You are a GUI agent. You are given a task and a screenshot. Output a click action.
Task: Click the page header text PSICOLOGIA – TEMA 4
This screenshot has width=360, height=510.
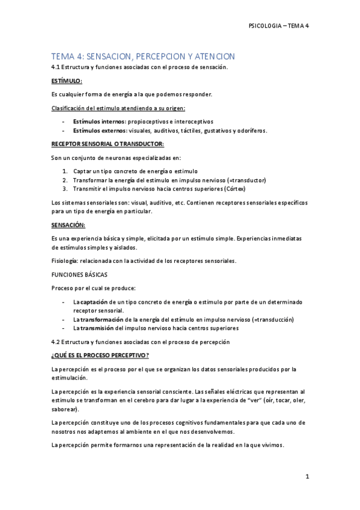pyautogui.click(x=278, y=26)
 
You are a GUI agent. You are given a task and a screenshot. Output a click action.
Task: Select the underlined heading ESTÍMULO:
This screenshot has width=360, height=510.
pyautogui.click(x=67, y=81)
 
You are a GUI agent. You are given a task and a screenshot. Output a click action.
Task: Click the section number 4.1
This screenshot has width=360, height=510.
pyautogui.click(x=57, y=67)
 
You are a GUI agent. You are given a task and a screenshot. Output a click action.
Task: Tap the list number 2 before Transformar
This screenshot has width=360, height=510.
pyautogui.click(x=66, y=180)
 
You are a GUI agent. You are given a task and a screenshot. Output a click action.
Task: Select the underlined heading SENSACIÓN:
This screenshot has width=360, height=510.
pyautogui.click(x=69, y=225)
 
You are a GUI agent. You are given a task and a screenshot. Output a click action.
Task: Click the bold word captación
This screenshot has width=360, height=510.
pyautogui.click(x=96, y=301)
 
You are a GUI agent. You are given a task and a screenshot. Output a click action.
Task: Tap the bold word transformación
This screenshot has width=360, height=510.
pyautogui.click(x=102, y=319)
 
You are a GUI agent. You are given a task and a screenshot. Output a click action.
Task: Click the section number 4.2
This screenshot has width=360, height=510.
pyautogui.click(x=57, y=342)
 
